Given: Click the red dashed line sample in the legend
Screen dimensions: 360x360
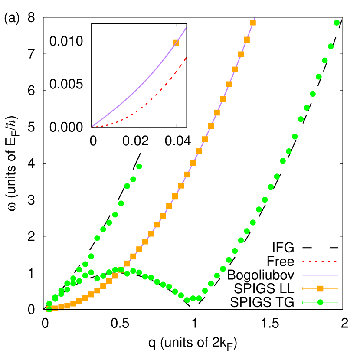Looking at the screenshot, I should [320, 262].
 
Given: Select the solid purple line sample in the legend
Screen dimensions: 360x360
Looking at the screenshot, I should [320, 275].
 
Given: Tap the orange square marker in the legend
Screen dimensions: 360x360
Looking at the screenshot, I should [320, 288].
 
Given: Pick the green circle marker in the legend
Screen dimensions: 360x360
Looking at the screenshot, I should [320, 302].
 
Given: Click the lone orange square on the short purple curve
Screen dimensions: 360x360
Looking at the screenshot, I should [176, 43].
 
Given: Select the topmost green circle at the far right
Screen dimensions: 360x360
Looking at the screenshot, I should [337, 23].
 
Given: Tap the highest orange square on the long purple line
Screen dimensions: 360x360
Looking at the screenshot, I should [253, 23].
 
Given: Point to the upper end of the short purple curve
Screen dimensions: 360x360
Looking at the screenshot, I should [186, 28].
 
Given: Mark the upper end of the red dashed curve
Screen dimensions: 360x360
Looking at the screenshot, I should [186, 57].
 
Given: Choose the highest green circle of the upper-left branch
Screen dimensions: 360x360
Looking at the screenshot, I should [139, 166].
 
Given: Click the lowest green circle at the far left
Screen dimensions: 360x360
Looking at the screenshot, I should [49, 309].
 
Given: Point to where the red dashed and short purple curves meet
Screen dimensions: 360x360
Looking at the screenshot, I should [92, 127].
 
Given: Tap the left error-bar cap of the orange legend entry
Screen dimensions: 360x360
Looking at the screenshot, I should [303, 288].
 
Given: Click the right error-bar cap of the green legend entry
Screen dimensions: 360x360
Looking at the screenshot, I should [337, 302].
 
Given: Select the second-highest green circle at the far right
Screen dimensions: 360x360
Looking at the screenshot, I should [331, 46].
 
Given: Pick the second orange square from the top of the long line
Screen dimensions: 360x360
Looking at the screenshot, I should [247, 39].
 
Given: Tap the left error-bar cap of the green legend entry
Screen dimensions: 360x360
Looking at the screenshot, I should [303, 302].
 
